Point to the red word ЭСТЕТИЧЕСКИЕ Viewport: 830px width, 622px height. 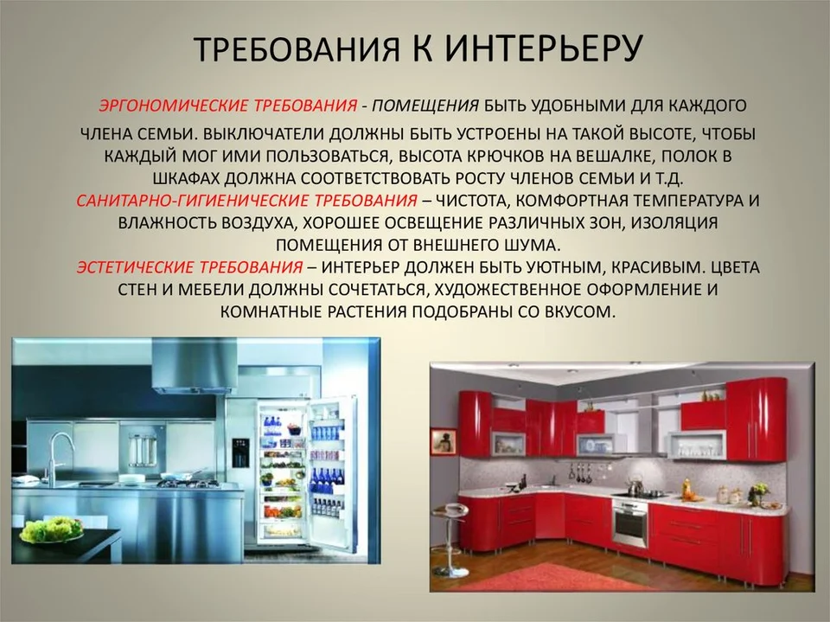(x=136, y=266)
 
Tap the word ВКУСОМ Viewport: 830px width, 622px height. (x=580, y=311)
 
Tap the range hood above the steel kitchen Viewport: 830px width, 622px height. (x=195, y=366)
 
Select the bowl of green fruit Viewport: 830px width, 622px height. (x=52, y=529)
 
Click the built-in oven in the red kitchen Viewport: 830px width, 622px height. (x=629, y=525)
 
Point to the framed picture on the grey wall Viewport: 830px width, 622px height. (x=444, y=440)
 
